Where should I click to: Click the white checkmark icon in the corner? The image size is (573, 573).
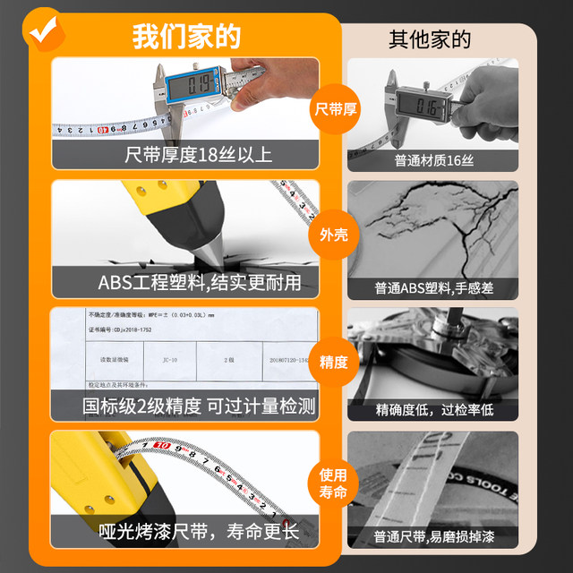point(40,30)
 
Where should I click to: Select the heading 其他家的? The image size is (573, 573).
point(430,39)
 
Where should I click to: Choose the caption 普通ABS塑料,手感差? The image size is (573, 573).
point(432,289)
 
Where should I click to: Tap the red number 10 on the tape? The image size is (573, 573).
point(161,445)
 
